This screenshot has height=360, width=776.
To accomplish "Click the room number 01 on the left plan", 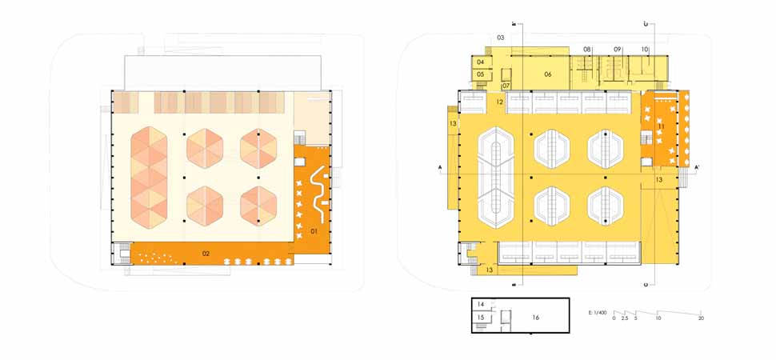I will tap(314, 231).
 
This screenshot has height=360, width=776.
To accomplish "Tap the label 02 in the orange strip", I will tap(206, 254).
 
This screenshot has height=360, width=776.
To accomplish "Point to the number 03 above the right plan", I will tap(500, 38).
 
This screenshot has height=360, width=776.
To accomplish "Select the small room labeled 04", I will tap(481, 62).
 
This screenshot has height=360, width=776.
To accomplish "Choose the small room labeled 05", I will tap(481, 74).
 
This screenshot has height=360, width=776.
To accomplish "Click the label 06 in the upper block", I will tap(548, 74).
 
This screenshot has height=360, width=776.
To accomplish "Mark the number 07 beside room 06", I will tap(506, 86).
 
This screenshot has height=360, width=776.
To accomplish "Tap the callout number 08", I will tap(587, 50).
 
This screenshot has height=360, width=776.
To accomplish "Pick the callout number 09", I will tap(618, 50).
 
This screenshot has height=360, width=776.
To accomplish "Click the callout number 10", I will tap(645, 50).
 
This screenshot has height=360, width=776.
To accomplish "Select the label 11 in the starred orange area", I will tap(662, 126).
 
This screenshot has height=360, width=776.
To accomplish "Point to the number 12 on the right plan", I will tap(498, 102).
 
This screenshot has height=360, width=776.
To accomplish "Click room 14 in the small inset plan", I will tap(481, 305).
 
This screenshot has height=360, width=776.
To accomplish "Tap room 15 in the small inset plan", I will tap(481, 318).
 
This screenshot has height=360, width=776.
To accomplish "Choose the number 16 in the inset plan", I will tap(535, 318).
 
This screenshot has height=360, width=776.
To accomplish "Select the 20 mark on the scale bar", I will tap(701, 319).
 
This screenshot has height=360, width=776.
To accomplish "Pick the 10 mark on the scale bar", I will tap(658, 319).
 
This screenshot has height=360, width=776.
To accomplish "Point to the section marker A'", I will tap(698, 167).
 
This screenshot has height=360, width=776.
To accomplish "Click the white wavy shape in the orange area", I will tap(318, 192).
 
